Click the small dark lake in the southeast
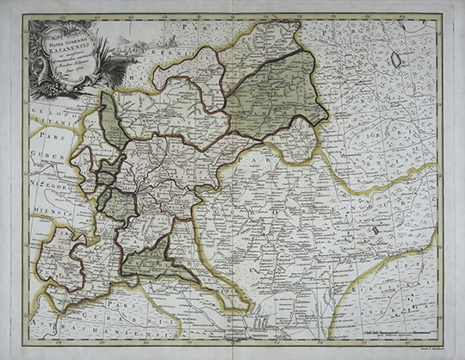376,230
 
